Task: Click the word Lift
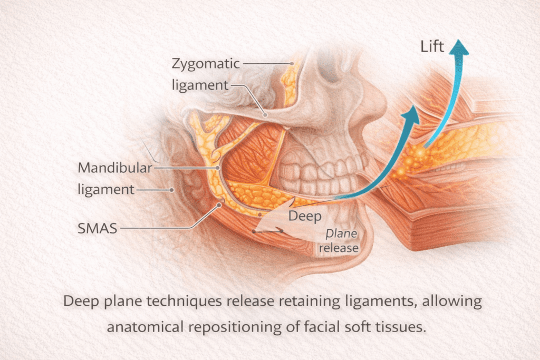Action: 432,46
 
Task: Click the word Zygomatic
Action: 206,64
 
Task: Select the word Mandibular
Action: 115,168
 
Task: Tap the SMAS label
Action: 98,228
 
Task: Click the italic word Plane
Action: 341,234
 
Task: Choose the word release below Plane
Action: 339,248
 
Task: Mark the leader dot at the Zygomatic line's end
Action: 292,63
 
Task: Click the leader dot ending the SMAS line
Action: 219,205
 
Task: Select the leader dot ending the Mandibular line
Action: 218,168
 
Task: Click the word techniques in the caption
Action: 184,301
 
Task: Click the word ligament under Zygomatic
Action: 200,85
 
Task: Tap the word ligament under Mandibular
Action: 106,190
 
